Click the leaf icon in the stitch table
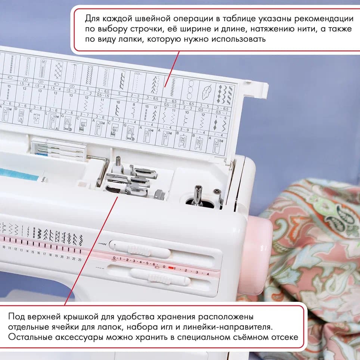pyautogui.click(x=207, y=91)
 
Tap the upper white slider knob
pyautogui.click(x=139, y=250)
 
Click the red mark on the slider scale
pyautogui.click(x=171, y=267)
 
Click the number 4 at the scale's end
pyautogui.click(x=208, y=273)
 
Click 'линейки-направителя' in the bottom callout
pyautogui.click(x=235, y=327)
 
